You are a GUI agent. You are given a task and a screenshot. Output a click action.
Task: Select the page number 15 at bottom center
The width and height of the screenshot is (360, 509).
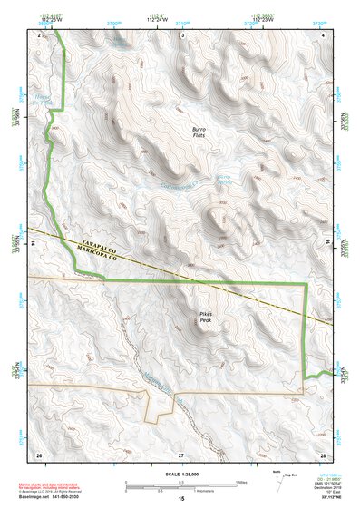[180, 499]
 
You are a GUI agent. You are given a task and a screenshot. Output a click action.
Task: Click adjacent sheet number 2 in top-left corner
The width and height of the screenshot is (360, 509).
[39, 34]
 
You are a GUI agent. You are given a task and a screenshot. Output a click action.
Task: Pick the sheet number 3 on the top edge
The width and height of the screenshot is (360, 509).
[181, 34]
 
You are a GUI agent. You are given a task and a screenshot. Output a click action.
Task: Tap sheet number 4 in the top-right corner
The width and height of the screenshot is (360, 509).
[324, 34]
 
